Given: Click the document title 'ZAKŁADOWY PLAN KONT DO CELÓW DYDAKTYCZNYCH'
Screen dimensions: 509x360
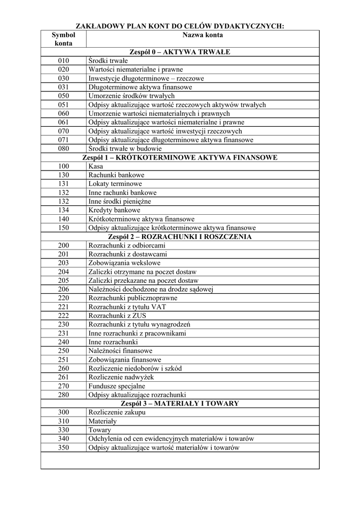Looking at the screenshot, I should click(180, 26).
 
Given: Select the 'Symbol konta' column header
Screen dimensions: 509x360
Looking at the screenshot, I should click(63, 39).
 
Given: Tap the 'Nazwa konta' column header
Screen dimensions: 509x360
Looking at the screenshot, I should click(202, 35).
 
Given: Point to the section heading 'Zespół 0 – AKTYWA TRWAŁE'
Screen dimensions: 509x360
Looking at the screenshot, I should click(180, 52).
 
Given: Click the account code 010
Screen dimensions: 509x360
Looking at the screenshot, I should click(63, 61).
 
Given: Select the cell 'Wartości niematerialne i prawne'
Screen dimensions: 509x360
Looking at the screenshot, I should click(135, 70).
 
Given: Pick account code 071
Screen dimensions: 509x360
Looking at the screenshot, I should click(63, 140).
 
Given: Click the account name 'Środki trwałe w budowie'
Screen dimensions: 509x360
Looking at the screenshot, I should click(125, 149).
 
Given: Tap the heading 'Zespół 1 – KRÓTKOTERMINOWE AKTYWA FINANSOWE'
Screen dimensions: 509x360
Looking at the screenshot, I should click(180, 158).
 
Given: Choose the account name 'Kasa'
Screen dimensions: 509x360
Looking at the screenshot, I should click(95, 167).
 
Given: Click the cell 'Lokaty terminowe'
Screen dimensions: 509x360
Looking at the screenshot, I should click(115, 184).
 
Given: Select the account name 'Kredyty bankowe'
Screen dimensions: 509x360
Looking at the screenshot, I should click(114, 210).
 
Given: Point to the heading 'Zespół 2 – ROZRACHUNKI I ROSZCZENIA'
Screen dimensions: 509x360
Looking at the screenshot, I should click(180, 237).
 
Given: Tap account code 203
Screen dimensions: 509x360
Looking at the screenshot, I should click(63, 263).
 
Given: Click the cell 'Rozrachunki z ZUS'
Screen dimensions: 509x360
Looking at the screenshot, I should click(117, 316).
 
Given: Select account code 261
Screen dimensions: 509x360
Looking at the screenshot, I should click(63, 377).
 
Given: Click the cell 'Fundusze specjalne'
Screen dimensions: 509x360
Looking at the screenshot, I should click(117, 386).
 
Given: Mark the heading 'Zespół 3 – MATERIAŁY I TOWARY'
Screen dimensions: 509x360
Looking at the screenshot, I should click(180, 404).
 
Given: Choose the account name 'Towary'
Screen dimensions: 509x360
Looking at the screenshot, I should click(99, 430).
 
